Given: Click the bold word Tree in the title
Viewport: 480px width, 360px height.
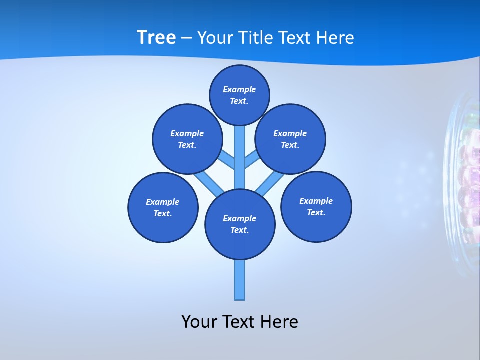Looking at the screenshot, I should (156, 38).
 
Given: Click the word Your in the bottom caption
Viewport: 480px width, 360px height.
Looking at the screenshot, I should (199, 322).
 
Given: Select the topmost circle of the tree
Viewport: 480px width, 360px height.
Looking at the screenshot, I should (239, 95).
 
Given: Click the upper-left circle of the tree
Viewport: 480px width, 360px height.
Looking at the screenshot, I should (187, 139).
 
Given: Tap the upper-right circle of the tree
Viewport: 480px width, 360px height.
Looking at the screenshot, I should (290, 139).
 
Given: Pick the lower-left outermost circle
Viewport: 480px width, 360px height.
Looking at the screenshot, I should (163, 207).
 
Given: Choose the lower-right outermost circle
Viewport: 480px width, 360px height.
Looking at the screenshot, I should (316, 206).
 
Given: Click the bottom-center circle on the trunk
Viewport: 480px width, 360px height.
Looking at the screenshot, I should (240, 224).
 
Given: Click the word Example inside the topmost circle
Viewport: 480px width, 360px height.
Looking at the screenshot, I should (239, 89).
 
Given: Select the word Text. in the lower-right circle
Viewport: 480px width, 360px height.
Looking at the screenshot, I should (316, 212).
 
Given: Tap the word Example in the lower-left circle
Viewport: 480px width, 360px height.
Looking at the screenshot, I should (163, 202).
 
